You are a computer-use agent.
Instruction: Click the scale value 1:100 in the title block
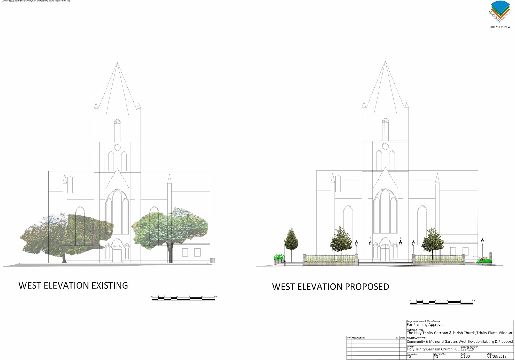coord(465,356)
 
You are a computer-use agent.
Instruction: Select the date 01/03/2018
coord(497,356)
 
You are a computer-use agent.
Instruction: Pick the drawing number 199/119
coord(467,349)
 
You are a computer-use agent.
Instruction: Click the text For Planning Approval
coord(425,325)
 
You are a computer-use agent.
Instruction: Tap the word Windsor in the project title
coord(505,333)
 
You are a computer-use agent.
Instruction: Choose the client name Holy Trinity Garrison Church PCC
coord(433,349)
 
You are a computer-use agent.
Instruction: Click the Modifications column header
coord(358,338)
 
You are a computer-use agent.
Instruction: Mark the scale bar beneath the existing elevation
coord(183,299)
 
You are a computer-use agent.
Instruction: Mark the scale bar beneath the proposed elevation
coord(442,302)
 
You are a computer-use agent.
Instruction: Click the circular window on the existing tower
coord(117,147)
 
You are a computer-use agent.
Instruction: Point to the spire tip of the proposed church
coord(385,62)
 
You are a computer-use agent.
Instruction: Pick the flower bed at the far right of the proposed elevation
coord(484,261)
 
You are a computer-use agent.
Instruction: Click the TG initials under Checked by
coord(436,357)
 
